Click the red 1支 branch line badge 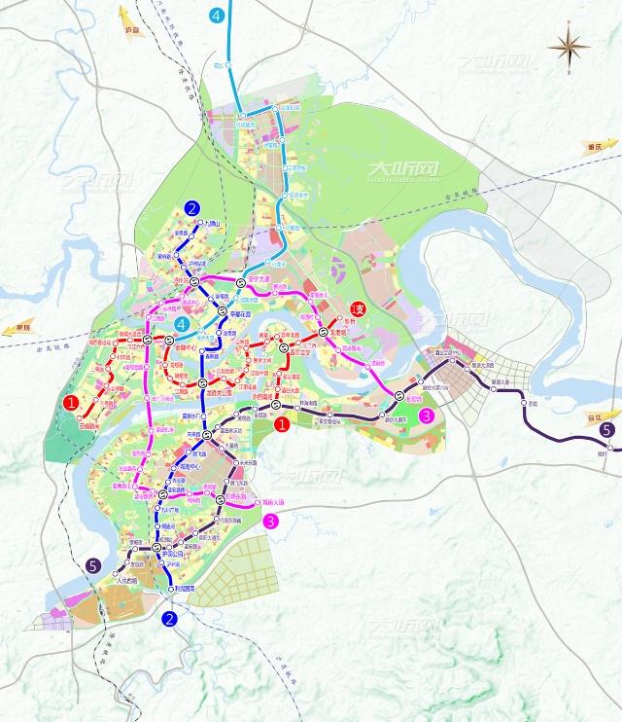coord(358,309)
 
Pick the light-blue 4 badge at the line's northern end coord(216,15)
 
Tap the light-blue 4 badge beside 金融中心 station coord(181,324)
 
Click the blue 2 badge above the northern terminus coord(192,207)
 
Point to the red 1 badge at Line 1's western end coord(70,402)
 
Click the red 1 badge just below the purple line coord(282,424)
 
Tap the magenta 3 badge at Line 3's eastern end coord(424,415)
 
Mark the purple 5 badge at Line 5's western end coord(92,565)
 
